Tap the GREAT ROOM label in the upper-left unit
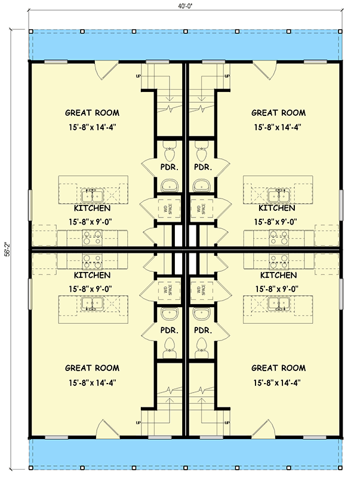[92, 112]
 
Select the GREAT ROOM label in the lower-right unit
[278, 368]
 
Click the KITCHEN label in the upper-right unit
[276, 209]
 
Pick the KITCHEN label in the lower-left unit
[92, 275]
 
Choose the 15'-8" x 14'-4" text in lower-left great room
[92, 382]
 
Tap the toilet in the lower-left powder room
[169, 346]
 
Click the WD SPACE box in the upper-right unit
[200, 209]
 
